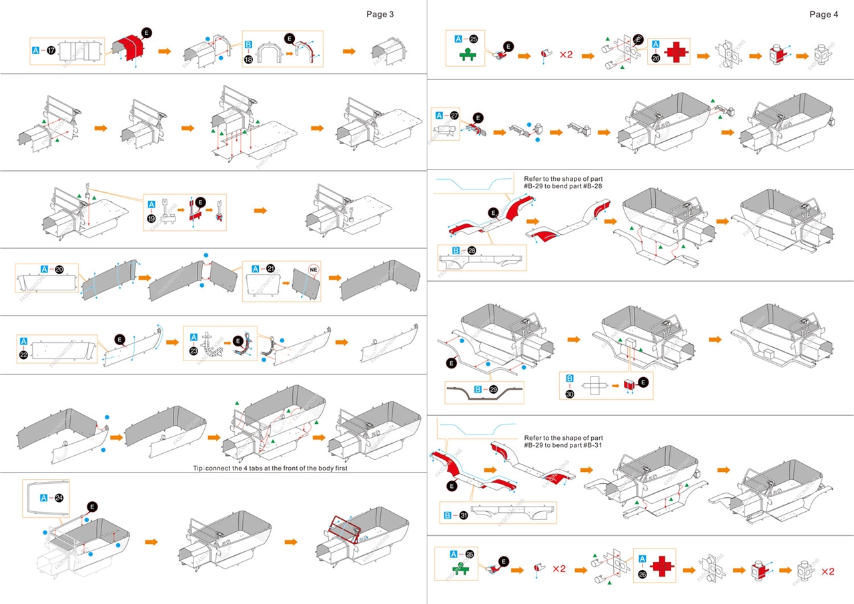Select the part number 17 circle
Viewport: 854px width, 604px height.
tap(51, 50)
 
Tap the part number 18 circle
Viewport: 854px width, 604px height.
tap(249, 59)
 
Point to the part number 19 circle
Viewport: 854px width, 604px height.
tap(151, 218)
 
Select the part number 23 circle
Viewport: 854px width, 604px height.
tap(193, 352)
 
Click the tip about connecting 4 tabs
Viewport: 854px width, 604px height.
tap(270, 468)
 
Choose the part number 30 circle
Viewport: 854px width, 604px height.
tap(570, 393)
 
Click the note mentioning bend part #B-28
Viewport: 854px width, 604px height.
tap(563, 183)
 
